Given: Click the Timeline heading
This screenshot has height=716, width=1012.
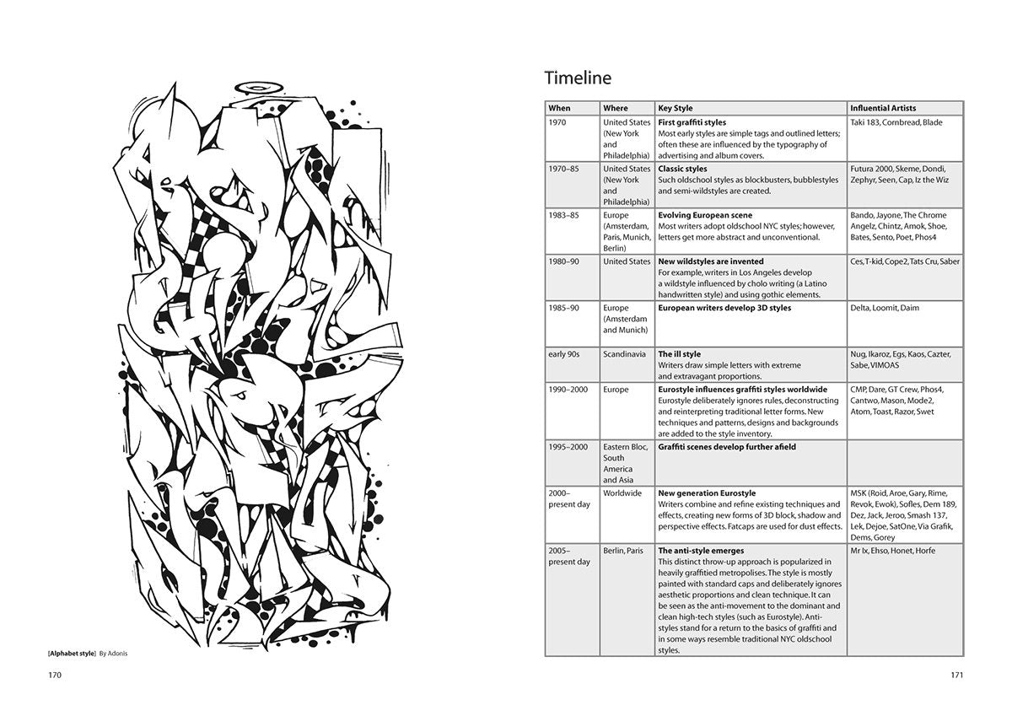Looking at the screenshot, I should tap(578, 78).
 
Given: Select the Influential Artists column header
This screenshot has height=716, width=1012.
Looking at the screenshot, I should tap(882, 108).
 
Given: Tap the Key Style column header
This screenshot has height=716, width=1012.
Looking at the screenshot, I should tap(676, 108).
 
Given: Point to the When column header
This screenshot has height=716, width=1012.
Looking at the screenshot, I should tap(559, 108).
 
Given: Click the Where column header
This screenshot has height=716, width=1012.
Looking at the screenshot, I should tap(616, 108).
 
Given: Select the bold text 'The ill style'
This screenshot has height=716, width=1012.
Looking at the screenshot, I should tap(679, 354).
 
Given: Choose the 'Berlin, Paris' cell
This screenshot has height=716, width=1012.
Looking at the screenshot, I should tap(623, 551).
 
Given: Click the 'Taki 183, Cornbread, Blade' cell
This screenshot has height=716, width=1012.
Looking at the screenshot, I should tap(896, 122).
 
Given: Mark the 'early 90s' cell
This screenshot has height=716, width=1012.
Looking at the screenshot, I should tap(568, 354).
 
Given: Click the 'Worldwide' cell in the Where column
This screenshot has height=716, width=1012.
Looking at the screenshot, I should tap(622, 493).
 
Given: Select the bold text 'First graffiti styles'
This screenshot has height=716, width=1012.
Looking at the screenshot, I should tap(692, 122).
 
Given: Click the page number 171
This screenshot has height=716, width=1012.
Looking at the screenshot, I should tap(956, 675).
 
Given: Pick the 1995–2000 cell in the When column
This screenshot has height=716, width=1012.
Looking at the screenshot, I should tap(568, 447).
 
